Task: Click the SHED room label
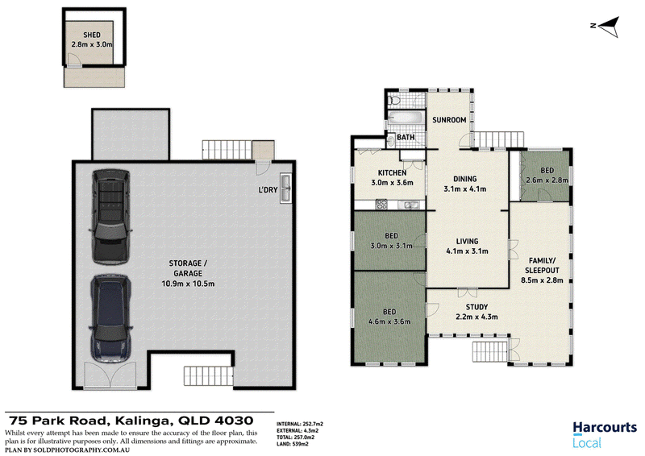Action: click(92, 35)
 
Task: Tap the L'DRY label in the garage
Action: click(268, 189)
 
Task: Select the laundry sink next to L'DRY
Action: click(285, 188)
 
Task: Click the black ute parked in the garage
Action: click(110, 216)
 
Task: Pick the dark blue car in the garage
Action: click(110, 319)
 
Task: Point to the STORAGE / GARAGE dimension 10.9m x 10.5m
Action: click(188, 284)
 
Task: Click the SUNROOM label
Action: click(449, 120)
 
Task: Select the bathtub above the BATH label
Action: click(406, 118)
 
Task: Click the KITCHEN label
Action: click(392, 173)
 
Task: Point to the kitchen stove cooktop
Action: click(381, 205)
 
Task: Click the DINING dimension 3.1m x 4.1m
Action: click(465, 189)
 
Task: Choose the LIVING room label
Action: click(468, 242)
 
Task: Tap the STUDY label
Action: click(476, 307)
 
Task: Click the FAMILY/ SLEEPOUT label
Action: click(542, 265)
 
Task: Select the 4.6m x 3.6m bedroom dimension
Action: click(389, 322)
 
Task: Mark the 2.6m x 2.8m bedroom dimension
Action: click(547, 180)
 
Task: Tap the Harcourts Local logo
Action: click(605, 434)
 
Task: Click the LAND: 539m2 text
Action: click(293, 444)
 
